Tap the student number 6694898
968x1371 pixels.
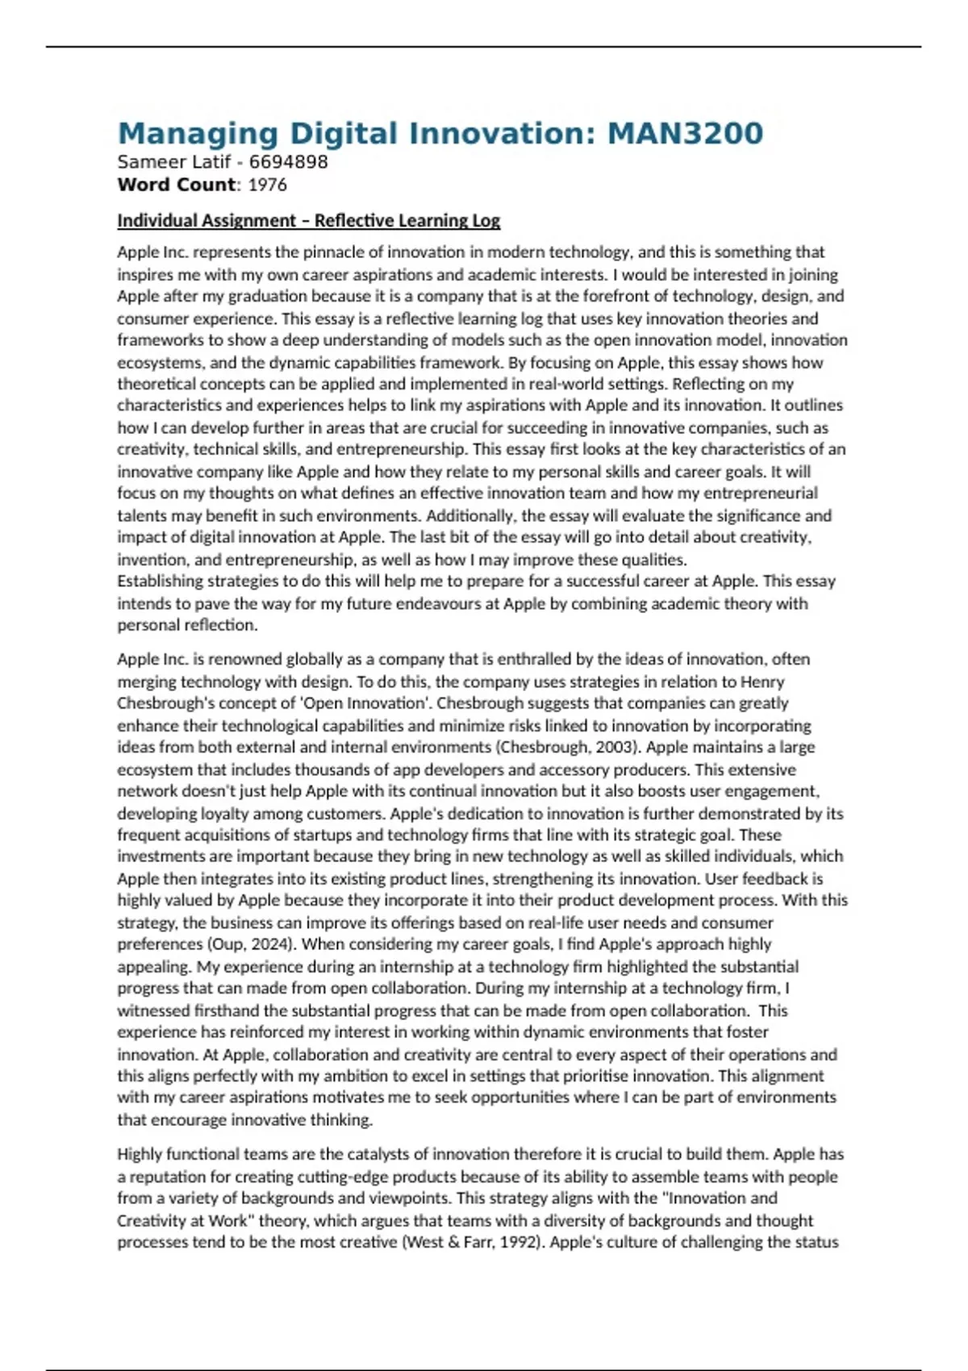pos(288,162)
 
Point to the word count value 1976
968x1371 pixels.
pos(267,185)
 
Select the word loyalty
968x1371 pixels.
pos(212,814)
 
